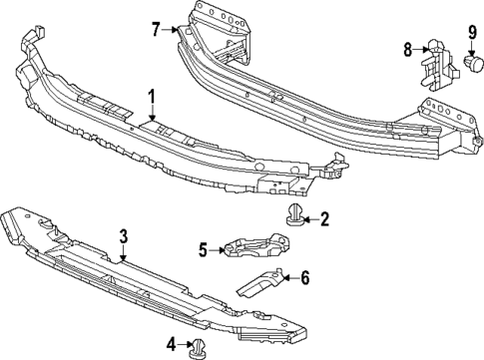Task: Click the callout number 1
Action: [x=153, y=97]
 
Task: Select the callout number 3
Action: [x=123, y=235]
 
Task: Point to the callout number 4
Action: [x=171, y=344]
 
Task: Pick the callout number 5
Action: [x=203, y=249]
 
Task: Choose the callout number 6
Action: [x=305, y=277]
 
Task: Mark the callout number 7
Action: [x=156, y=29]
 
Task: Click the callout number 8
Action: [x=408, y=48]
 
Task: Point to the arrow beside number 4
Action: [x=185, y=345]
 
